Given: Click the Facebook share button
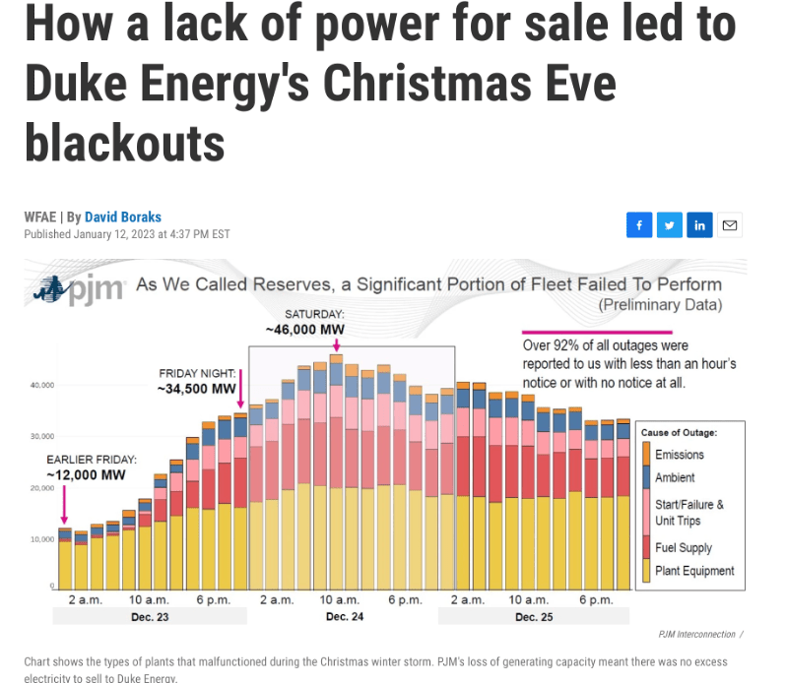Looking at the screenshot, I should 638,225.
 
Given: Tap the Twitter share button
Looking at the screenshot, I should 669,225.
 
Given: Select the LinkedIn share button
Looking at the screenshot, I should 699,225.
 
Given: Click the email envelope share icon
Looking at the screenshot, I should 730,225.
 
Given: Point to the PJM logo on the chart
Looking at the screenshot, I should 80,290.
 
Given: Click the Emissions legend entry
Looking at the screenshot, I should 681,455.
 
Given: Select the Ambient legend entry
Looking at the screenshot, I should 676,477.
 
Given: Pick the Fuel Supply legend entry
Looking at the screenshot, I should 683,547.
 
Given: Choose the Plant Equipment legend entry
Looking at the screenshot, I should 694,571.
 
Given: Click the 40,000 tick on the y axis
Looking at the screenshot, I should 40,384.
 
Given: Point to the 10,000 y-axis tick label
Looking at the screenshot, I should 40,539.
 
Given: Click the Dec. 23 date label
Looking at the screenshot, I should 150,617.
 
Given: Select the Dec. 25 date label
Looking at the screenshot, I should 533,617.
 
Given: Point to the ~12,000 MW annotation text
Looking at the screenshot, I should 87,474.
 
